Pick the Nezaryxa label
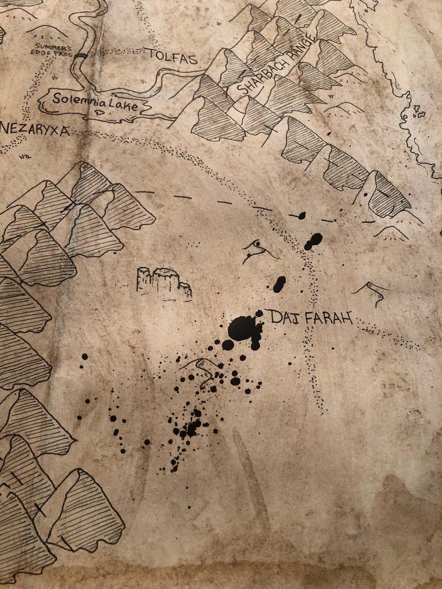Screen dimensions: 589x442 click(x=35, y=131)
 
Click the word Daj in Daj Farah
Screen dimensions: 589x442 click(x=281, y=317)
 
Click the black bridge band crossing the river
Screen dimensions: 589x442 click(x=81, y=55)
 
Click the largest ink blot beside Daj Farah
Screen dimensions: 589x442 click(x=244, y=328)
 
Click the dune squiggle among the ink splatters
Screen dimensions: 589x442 click(x=200, y=369)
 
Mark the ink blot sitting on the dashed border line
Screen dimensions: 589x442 click(x=299, y=215)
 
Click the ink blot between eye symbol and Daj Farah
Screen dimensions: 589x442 click(x=279, y=284)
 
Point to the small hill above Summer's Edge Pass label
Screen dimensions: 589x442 click(x=48, y=31)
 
